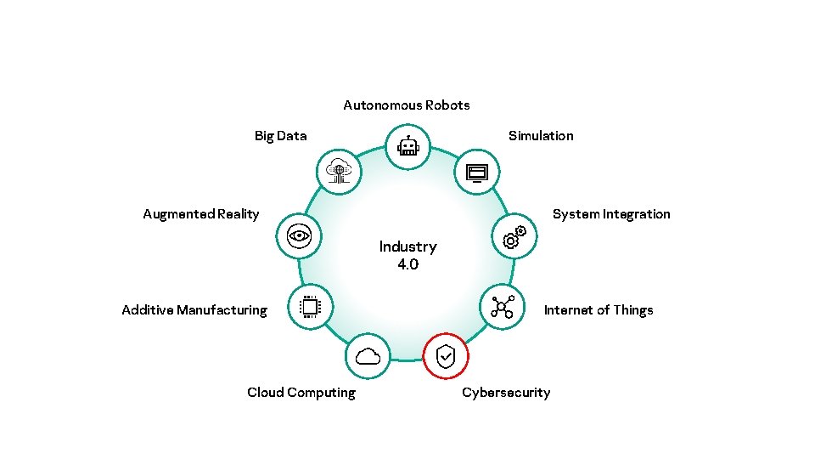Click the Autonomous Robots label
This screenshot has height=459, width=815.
(x=406, y=105)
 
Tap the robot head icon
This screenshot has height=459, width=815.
(x=408, y=146)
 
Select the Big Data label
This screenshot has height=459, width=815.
(x=280, y=136)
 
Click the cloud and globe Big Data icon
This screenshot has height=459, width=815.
(x=339, y=172)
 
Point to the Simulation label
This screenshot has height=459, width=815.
(x=541, y=136)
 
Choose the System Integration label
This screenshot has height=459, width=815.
(x=611, y=214)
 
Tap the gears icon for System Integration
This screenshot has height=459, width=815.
(x=514, y=238)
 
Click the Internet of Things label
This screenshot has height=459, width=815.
(x=599, y=310)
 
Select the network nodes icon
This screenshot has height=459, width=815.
(x=503, y=307)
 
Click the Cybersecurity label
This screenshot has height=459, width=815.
(x=506, y=393)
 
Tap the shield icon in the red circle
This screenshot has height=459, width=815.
(x=446, y=357)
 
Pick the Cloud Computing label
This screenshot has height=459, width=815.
(x=301, y=393)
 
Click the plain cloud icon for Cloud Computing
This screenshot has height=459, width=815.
(x=368, y=357)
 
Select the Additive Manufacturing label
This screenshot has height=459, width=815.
(x=194, y=310)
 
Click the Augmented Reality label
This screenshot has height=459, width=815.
(x=201, y=214)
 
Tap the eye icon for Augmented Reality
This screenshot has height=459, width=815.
(x=300, y=235)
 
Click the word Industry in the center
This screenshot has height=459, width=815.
(x=407, y=246)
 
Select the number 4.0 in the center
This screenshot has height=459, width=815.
(x=407, y=264)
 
